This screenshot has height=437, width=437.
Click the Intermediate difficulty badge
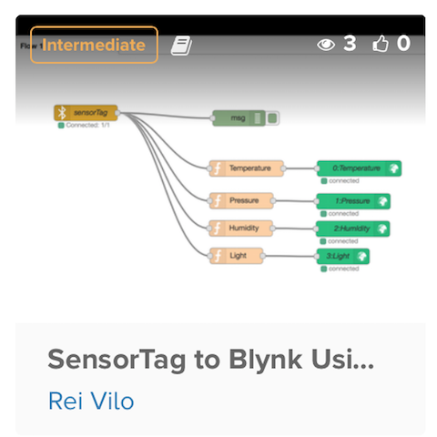94,45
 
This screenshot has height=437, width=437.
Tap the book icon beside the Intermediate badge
182,45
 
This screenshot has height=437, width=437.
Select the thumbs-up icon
381,44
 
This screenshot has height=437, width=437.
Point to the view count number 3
349,44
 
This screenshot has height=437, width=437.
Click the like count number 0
403,44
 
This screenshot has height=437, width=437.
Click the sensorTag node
86,113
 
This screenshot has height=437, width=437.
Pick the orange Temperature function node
246,168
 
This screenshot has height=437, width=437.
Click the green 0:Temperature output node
358,168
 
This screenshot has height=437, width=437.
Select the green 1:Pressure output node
353,200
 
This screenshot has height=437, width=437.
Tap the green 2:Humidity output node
353,229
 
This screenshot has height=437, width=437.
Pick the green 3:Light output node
342,257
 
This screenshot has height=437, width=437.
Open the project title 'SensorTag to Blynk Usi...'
210,359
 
